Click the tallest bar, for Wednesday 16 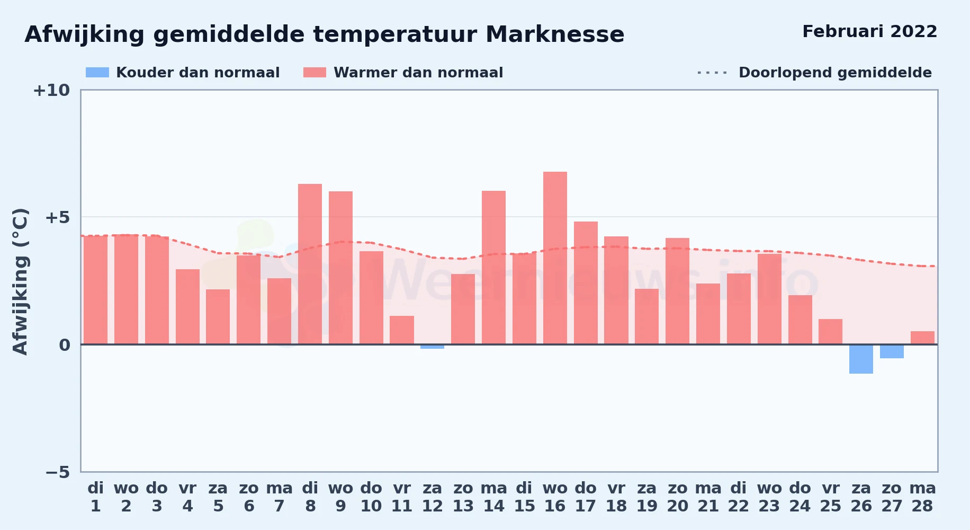555,258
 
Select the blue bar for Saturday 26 861,359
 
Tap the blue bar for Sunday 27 892,351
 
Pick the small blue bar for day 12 432,347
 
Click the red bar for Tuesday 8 310,264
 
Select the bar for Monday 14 493,268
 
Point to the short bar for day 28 922,338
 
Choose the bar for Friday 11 402,330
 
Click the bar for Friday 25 830,332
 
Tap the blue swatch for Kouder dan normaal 97,73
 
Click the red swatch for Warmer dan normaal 315,73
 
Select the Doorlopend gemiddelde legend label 835,73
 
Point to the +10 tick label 51,91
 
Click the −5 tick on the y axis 58,472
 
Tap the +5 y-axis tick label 57,217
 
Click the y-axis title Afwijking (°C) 21,281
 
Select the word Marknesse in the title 555,34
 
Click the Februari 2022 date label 870,32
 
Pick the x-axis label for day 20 677,497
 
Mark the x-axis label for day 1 95,497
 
